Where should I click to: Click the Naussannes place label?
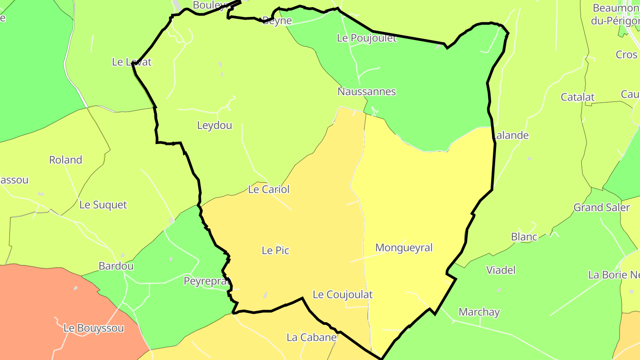click(x=367, y=92)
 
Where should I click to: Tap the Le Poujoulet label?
click(x=367, y=38)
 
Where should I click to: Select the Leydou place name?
click(x=215, y=125)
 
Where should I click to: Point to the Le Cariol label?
click(x=269, y=189)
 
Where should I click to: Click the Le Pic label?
click(x=276, y=251)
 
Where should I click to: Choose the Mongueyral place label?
click(x=404, y=248)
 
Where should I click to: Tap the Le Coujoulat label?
click(x=343, y=295)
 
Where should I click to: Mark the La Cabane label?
click(x=312, y=337)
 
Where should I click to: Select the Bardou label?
click(x=116, y=266)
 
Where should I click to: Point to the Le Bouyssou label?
click(x=94, y=328)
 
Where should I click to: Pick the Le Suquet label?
click(x=103, y=205)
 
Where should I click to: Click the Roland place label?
click(x=66, y=160)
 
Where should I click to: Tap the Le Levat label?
click(x=132, y=62)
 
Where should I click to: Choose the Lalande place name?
click(x=511, y=136)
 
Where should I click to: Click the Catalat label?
click(x=578, y=97)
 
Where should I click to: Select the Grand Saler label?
click(x=602, y=208)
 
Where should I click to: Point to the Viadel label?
click(x=501, y=270)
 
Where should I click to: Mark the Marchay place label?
click(x=479, y=312)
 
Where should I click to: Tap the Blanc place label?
click(x=524, y=237)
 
